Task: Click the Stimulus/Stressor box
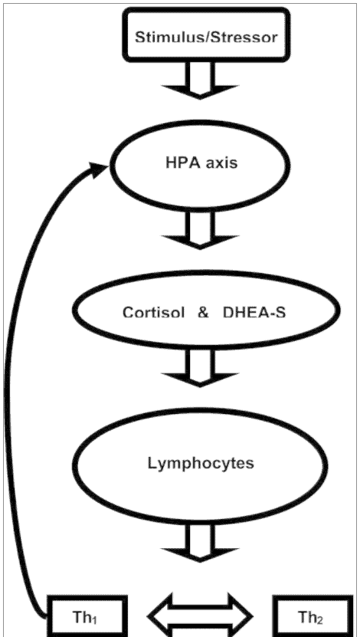(206, 35)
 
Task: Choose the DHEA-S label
(254, 313)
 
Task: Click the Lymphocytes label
(201, 464)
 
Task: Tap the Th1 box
(87, 616)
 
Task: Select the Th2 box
(312, 616)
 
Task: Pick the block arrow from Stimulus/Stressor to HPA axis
(200, 80)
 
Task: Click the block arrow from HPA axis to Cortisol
(200, 230)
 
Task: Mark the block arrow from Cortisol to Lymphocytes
(200, 368)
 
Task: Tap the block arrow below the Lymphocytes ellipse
(200, 543)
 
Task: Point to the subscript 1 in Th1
(94, 620)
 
